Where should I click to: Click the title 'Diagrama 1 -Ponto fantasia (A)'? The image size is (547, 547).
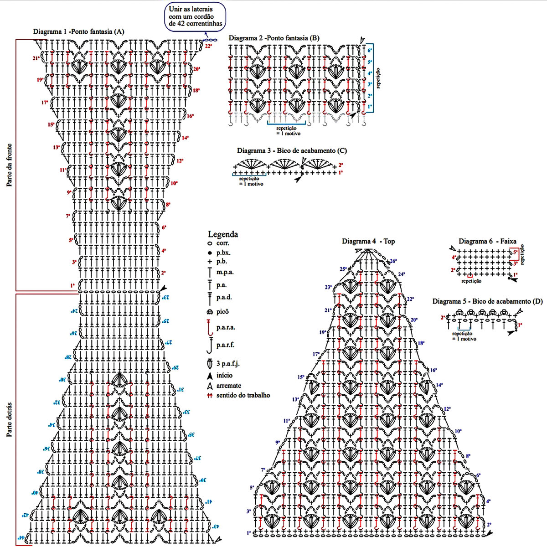(x=78, y=32)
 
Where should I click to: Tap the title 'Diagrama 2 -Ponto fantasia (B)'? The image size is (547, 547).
(x=274, y=38)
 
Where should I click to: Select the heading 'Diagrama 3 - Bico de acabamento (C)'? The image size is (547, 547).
(x=292, y=150)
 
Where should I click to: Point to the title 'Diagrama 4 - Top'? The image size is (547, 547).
(x=368, y=241)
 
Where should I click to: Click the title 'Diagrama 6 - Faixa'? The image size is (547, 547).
(x=487, y=241)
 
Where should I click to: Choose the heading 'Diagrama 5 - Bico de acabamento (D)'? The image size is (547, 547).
(x=487, y=302)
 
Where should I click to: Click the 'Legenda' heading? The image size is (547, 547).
(x=223, y=234)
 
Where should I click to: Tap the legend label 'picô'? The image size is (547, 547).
(x=222, y=312)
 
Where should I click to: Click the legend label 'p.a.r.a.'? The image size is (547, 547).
(x=226, y=327)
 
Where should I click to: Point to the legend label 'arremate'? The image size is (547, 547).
(x=229, y=385)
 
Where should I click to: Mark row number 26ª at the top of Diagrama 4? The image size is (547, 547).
(x=393, y=261)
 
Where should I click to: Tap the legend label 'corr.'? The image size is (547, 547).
(x=222, y=244)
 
